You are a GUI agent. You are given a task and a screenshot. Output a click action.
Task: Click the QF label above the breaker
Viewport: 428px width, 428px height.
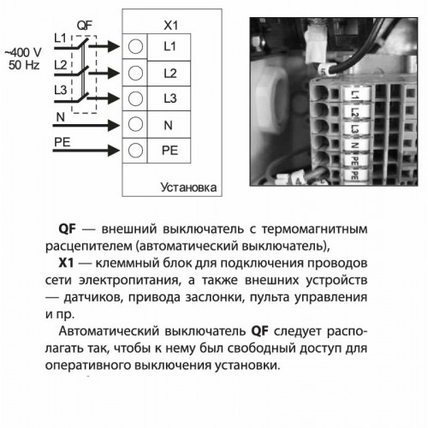pos(85,26)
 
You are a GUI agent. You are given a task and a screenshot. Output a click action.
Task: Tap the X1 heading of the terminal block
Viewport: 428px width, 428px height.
pos(170,26)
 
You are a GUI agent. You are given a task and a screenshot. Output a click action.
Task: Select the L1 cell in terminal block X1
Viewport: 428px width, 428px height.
pos(169,47)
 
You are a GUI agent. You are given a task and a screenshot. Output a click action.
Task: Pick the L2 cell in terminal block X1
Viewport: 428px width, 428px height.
pos(169,74)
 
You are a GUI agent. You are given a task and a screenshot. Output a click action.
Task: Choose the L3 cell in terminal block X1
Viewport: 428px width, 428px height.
pos(169,98)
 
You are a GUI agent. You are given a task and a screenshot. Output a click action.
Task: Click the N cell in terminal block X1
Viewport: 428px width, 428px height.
pos(169,125)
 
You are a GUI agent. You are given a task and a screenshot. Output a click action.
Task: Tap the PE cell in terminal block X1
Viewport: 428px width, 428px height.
pos(169,151)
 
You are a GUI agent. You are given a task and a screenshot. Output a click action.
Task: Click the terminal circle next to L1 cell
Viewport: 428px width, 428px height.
pos(135,46)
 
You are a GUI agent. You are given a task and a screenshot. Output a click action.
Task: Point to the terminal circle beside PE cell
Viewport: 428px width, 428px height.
pos(135,150)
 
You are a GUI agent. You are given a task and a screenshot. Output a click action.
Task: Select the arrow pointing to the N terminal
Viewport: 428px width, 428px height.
pos(86,125)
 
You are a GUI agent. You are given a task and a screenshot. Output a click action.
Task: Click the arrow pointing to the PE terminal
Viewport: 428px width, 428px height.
pos(86,151)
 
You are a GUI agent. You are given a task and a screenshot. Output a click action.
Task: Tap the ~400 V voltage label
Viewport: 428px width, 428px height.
pos(23,52)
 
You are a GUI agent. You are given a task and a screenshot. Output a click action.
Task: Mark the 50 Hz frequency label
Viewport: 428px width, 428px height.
pos(24,65)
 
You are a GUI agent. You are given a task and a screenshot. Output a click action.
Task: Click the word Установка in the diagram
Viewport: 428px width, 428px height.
pos(188,187)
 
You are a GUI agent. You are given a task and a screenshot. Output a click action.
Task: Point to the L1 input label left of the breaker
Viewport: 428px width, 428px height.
pos(60,38)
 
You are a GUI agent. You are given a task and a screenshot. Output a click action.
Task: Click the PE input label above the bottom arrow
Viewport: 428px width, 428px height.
pos(62,142)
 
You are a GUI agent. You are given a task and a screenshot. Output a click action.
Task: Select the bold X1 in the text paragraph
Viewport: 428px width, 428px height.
pos(66,263)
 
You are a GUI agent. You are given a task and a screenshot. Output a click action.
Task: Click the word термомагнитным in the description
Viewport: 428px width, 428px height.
pos(314,229)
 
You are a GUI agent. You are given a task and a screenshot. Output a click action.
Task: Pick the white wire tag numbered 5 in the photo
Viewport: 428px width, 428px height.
pos(323,71)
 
